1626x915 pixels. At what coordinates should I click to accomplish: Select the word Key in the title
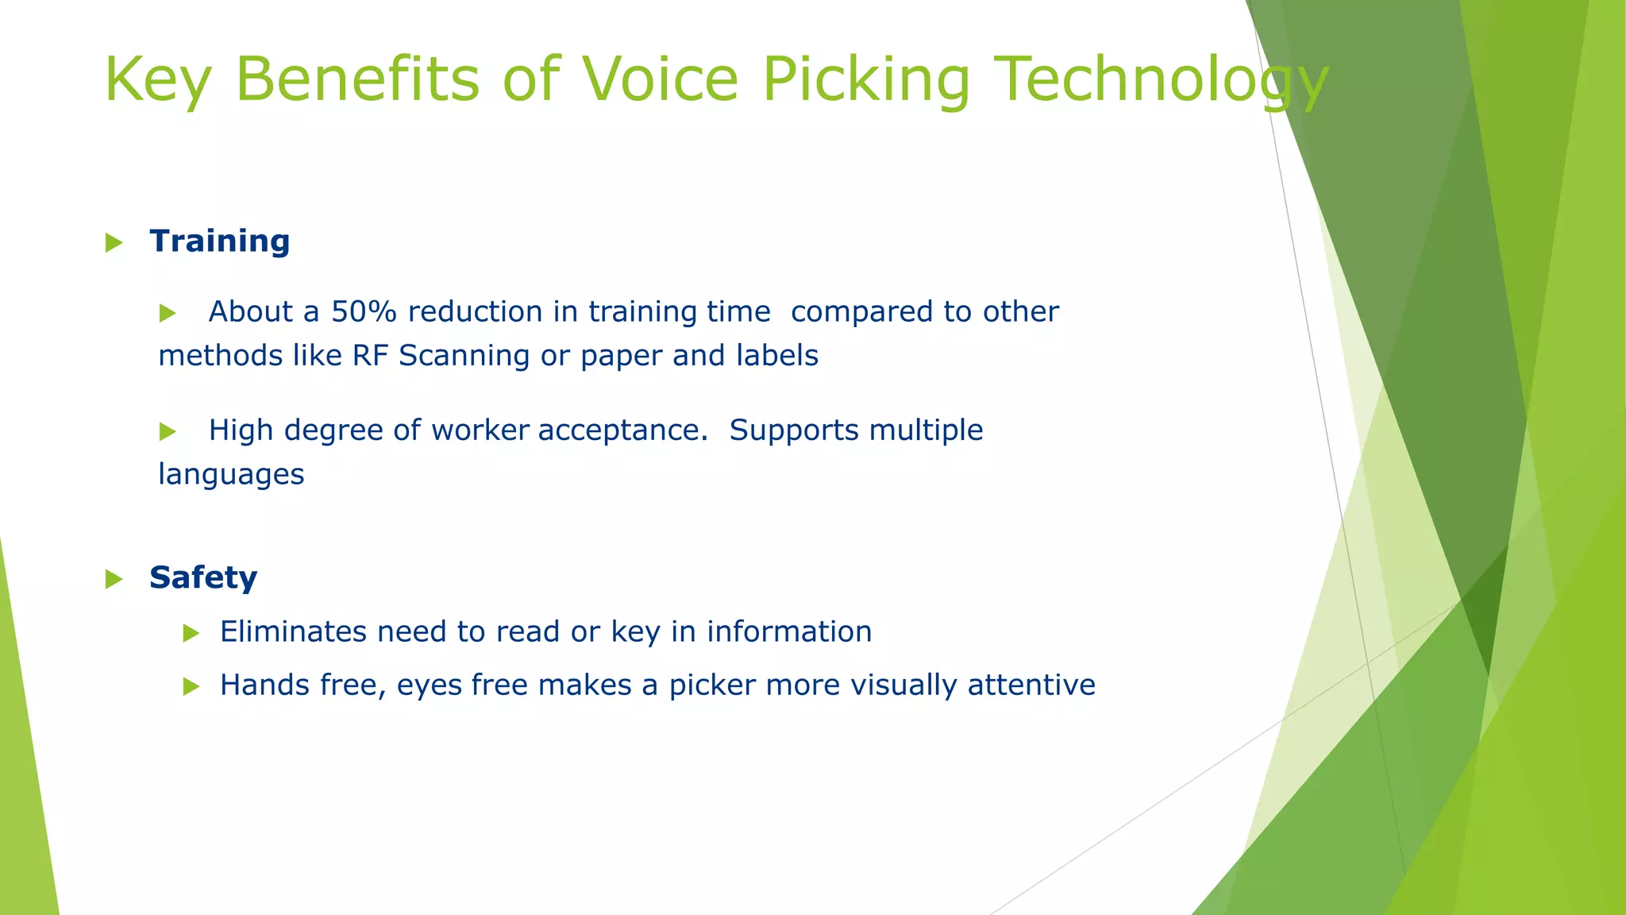[x=157, y=79]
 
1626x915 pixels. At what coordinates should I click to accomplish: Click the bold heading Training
[x=220, y=241]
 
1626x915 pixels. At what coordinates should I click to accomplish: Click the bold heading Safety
[x=203, y=577]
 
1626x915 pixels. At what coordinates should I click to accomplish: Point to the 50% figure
[x=364, y=311]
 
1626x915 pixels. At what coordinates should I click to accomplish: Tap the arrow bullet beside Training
[x=114, y=242]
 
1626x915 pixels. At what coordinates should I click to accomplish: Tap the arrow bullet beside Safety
[x=114, y=579]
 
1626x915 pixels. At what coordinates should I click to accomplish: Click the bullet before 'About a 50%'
[x=167, y=313]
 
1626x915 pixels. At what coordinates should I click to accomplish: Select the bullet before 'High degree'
[x=167, y=431]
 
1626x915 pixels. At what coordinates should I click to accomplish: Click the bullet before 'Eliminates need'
[x=191, y=633]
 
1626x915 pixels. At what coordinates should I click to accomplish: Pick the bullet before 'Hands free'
[x=191, y=686]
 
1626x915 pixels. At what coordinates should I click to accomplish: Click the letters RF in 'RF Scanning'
[x=370, y=356]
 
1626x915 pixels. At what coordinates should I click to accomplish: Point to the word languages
[x=231, y=475]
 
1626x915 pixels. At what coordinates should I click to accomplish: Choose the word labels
[x=776, y=356]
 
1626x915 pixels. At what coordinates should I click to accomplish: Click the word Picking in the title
[x=865, y=79]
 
